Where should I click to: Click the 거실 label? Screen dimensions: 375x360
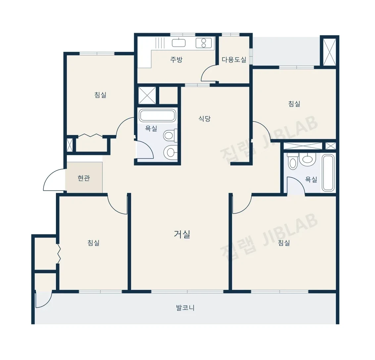(x=182, y=234)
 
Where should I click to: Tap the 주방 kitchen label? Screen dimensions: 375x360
(x=176, y=59)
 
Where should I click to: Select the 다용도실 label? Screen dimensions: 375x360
(x=234, y=60)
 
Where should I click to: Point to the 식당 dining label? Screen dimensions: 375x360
(x=205, y=118)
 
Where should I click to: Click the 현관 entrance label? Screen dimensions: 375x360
(x=84, y=178)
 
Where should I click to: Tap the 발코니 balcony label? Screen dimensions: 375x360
(x=185, y=308)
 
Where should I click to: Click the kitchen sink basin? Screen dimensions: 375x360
(x=179, y=43)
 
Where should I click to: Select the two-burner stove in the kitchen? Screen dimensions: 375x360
(x=204, y=43)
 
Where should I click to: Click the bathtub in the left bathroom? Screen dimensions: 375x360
(x=157, y=115)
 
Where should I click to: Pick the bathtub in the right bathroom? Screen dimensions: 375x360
(x=328, y=173)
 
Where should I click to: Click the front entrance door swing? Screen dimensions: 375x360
(x=54, y=180)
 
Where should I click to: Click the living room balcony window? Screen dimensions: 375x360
(x=187, y=292)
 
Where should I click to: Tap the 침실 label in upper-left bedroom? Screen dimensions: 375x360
(x=100, y=95)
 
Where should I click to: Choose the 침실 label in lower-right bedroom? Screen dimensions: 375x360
(x=284, y=243)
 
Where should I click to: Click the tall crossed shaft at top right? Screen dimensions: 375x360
(x=330, y=52)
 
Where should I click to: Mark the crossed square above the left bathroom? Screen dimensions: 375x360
(x=147, y=95)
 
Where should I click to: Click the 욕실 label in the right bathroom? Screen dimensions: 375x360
(x=311, y=180)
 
